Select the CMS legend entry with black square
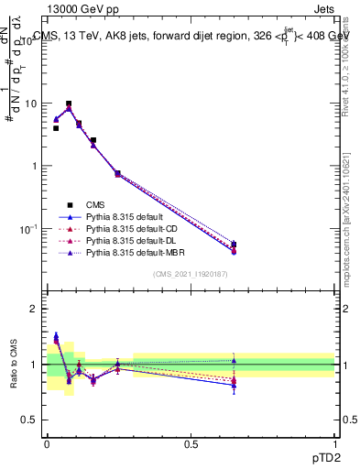(102, 205)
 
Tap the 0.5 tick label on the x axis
(191, 444)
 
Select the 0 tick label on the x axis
(47, 444)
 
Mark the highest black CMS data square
(69, 104)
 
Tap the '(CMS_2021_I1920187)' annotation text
(190, 275)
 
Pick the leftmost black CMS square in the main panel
(56, 128)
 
